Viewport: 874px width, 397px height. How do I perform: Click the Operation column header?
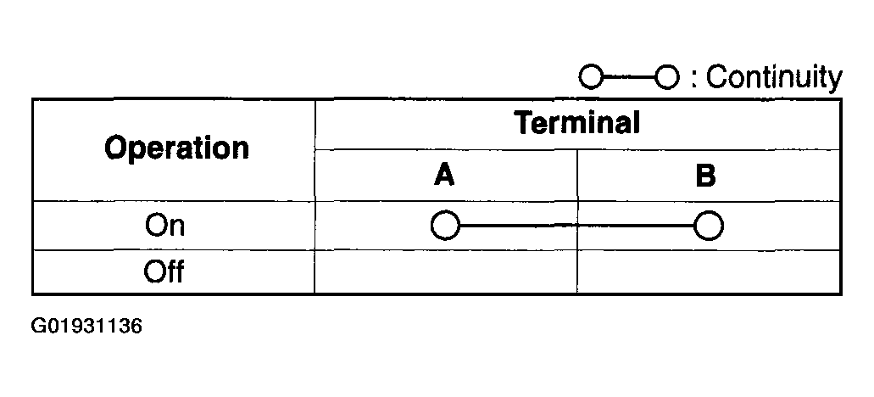pyautogui.click(x=176, y=148)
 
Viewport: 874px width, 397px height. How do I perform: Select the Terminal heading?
pyautogui.click(x=577, y=124)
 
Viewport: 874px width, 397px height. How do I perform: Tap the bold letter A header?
pyautogui.click(x=444, y=176)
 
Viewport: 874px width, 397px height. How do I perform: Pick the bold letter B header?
pyautogui.click(x=705, y=176)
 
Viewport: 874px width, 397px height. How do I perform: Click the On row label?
pyautogui.click(x=164, y=226)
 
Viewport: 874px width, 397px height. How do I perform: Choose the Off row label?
pyautogui.click(x=164, y=272)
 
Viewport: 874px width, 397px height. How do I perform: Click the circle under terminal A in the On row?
pyautogui.click(x=445, y=226)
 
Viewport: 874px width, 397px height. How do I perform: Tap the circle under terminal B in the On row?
pyautogui.click(x=708, y=226)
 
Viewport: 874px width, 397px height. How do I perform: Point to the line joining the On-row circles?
pyautogui.click(x=576, y=226)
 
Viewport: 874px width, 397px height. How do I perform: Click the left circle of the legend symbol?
pyautogui.click(x=591, y=78)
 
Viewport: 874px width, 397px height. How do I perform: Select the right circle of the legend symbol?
pyautogui.click(x=668, y=78)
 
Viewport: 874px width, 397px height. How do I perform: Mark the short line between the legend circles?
pyautogui.click(x=629, y=78)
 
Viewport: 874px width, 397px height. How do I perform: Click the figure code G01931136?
pyautogui.click(x=86, y=326)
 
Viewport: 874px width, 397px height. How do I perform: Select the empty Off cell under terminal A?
pyautogui.click(x=445, y=272)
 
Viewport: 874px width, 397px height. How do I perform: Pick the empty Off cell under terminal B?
pyautogui.click(x=709, y=272)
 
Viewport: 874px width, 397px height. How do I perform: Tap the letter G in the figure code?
pyautogui.click(x=39, y=326)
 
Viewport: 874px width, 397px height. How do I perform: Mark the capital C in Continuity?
pyautogui.click(x=717, y=78)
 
